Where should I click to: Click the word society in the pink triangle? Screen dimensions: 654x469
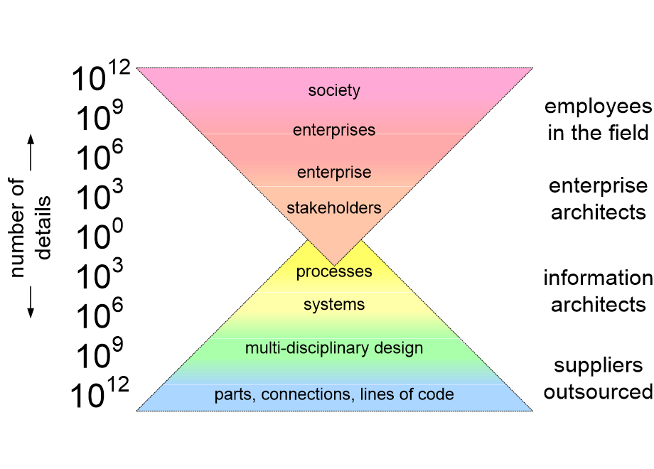point(334,90)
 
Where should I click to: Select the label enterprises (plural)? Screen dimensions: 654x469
point(334,130)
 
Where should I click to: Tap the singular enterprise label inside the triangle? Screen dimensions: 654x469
point(334,172)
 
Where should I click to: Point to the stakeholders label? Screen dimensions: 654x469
point(334,207)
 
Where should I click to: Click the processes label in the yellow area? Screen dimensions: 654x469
point(334,272)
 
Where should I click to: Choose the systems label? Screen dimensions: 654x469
point(334,305)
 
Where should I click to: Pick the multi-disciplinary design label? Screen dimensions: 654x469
point(334,348)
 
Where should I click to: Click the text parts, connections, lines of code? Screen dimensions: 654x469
point(334,394)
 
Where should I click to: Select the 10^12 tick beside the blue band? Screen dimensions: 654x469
point(100,392)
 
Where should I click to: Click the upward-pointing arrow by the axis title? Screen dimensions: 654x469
point(31,152)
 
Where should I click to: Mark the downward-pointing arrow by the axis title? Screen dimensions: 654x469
point(31,302)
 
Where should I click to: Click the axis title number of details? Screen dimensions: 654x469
point(29,227)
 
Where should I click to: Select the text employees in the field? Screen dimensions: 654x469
point(598,120)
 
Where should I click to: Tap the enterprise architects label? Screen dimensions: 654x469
point(598,199)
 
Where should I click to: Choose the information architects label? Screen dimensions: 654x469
point(598,291)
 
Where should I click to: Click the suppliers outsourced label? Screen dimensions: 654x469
point(598,379)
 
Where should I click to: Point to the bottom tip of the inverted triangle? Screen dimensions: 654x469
point(334,266)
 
